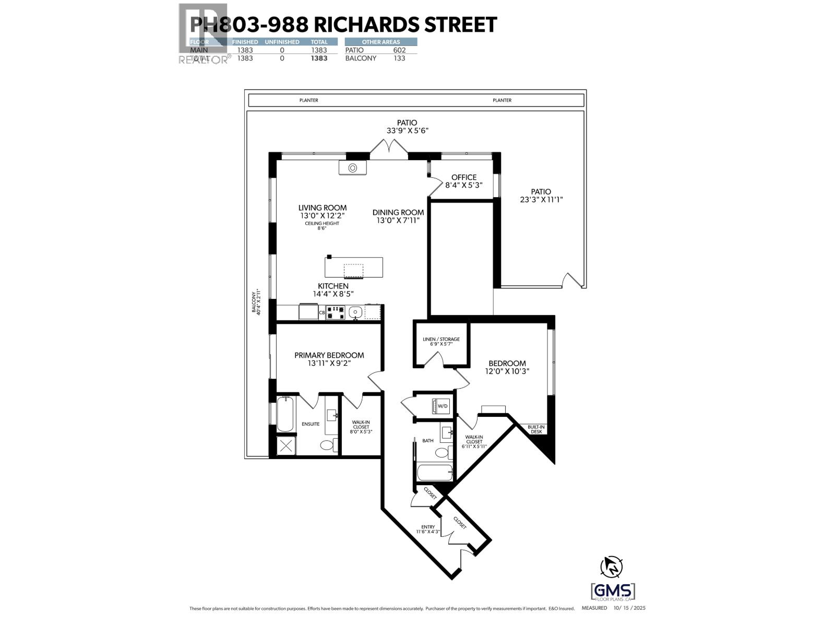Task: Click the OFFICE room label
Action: [463, 177]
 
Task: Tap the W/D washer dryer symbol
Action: [442, 406]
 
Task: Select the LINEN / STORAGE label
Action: [441, 339]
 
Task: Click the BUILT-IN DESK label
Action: [536, 429]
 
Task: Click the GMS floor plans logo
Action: [613, 593]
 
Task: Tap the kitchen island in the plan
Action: [353, 268]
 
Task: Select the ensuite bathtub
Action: [285, 414]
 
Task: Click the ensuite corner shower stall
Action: [285, 446]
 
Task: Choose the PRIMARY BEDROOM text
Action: [329, 355]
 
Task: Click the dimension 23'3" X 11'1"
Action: [541, 199]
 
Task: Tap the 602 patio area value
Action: [399, 50]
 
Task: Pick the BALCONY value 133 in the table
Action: [399, 58]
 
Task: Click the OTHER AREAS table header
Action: [380, 42]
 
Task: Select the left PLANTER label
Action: [308, 100]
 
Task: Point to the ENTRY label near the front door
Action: [428, 527]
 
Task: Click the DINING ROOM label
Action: [398, 212]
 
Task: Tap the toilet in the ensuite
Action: [327, 446]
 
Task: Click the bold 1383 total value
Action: [319, 58]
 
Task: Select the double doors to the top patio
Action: [389, 151]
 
